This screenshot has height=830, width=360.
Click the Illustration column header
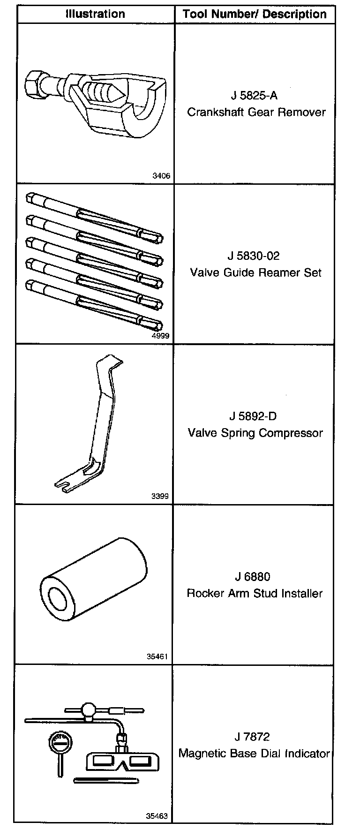click(95, 14)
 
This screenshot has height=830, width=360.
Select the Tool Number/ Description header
click(255, 14)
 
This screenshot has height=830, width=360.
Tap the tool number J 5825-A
click(254, 96)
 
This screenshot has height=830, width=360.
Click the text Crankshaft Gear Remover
click(256, 112)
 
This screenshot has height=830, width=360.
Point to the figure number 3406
click(161, 176)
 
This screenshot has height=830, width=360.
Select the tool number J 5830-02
click(254, 256)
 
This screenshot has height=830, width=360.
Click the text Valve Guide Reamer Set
click(256, 272)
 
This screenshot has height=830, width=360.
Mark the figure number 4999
click(161, 336)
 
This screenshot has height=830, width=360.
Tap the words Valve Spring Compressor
click(255, 432)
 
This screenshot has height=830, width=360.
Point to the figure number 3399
click(160, 496)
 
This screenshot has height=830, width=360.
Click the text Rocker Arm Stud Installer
click(255, 593)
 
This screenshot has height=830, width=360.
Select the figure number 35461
click(157, 656)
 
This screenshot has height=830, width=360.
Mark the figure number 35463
click(157, 816)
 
